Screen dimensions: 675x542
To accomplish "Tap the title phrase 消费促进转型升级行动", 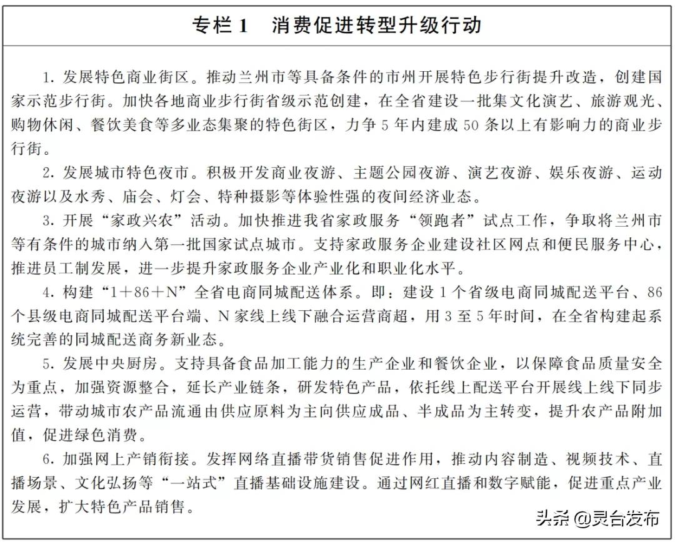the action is tap(376, 26).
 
